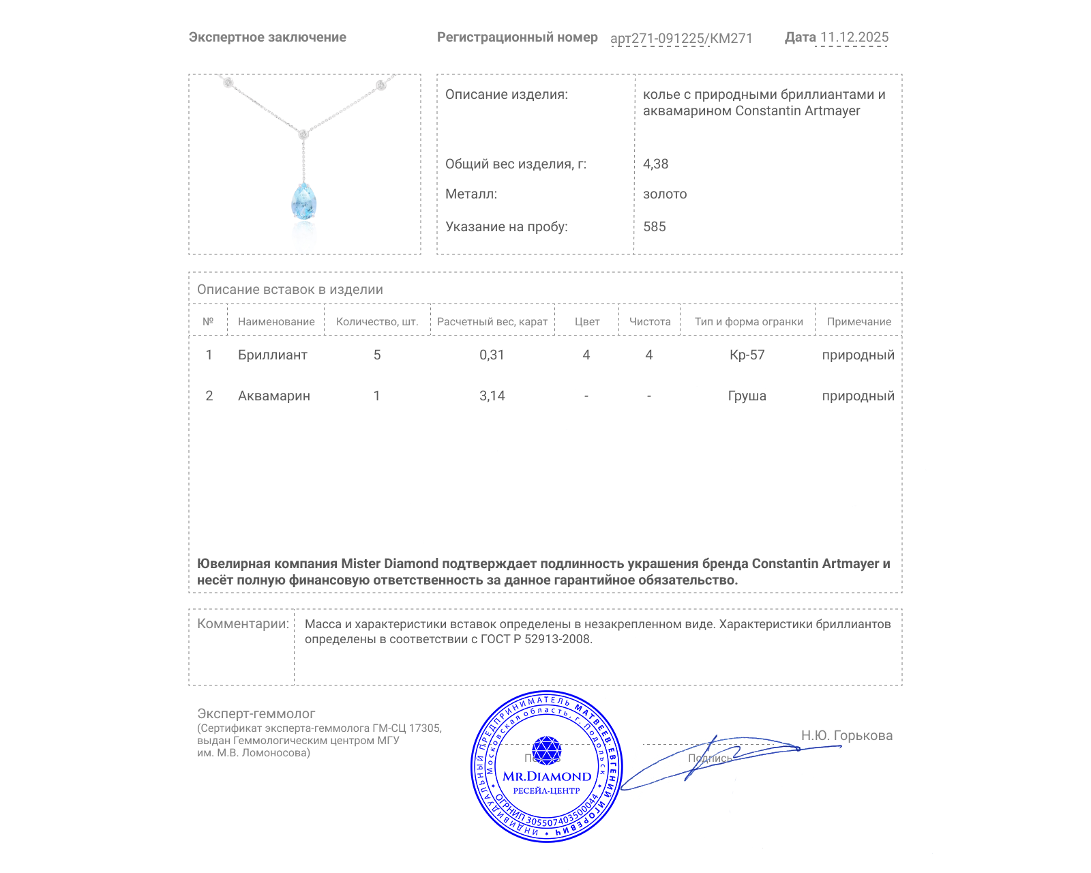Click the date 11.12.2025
[x=854, y=38]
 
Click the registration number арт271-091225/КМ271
[x=681, y=38]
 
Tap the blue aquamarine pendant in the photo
[x=304, y=201]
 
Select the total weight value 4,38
[x=655, y=164]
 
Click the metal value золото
[x=665, y=194]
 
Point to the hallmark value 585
[x=654, y=226]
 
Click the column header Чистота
[x=649, y=321]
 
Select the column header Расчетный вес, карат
[x=492, y=321]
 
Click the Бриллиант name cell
[x=272, y=355]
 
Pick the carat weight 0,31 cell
[x=492, y=355]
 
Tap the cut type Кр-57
[x=747, y=355]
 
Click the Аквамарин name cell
[x=273, y=396]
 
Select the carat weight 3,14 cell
[x=492, y=396]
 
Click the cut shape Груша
[x=747, y=396]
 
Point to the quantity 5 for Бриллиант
[x=377, y=355]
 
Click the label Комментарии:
[x=243, y=623]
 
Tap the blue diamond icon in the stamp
[x=546, y=750]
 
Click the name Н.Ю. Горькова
[x=846, y=735]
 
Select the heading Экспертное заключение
[x=267, y=38]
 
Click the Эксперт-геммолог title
[x=256, y=713]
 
